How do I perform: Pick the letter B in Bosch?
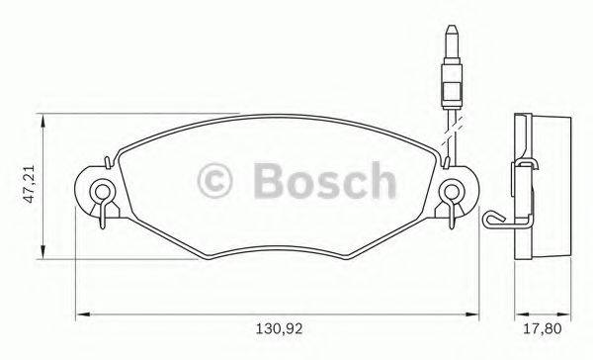click(269, 181)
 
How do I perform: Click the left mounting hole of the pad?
click(100, 191)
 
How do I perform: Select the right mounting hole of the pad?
click(451, 191)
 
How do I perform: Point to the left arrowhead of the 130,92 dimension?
click(82, 315)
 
